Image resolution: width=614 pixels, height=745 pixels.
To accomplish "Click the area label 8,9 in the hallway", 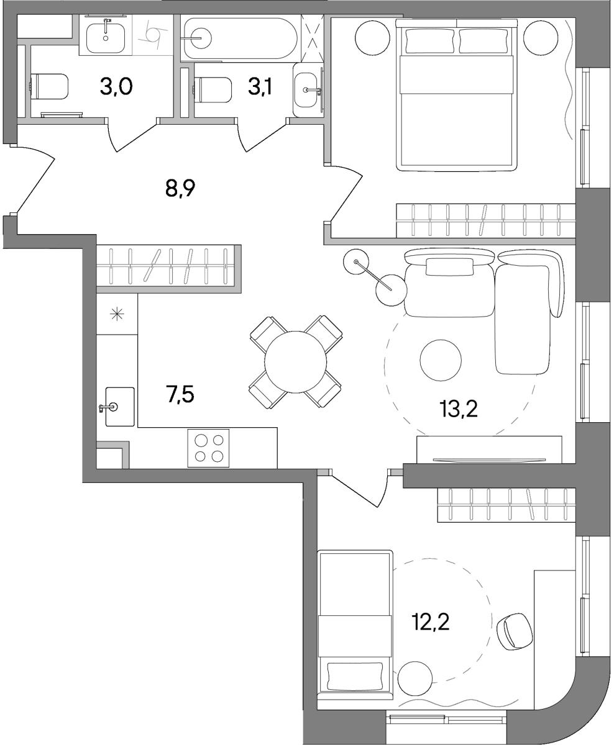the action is point(180,188).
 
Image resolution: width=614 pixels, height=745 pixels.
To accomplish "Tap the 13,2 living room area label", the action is point(459,409).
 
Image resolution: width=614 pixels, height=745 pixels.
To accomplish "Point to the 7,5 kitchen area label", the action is point(180,394).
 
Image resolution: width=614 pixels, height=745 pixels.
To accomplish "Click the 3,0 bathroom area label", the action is point(116,86).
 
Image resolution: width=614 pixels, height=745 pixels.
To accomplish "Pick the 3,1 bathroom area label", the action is point(260,86).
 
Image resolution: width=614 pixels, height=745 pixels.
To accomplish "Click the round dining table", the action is point(296,362).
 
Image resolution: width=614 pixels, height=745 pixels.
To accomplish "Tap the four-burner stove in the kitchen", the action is point(208,448).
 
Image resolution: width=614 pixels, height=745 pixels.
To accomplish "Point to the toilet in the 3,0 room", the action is point(49,86).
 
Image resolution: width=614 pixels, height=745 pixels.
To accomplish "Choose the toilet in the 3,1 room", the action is point(213,90).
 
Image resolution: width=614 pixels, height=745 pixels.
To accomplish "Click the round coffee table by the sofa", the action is point(441,360).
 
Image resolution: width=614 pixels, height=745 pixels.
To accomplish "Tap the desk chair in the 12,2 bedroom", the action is point(515,631).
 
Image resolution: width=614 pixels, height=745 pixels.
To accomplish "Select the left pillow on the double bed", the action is point(429,41).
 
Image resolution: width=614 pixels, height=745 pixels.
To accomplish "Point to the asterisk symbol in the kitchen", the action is point(117,314).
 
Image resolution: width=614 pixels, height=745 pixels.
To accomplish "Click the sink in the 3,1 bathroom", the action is point(306,90).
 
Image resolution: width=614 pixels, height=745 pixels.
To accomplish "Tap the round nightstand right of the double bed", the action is point(541,38).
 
